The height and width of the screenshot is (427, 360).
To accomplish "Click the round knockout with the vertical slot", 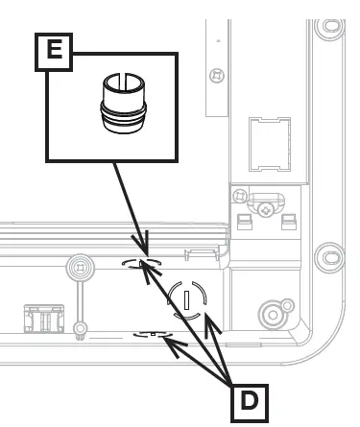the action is tap(187, 300).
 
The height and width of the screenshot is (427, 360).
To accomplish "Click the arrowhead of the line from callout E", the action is tap(143, 254).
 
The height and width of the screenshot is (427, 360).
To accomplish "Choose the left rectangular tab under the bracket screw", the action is tap(244, 225).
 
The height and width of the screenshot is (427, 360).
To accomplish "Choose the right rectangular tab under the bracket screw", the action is tap(287, 225).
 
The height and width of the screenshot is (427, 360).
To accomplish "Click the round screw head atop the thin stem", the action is tap(80, 266).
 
